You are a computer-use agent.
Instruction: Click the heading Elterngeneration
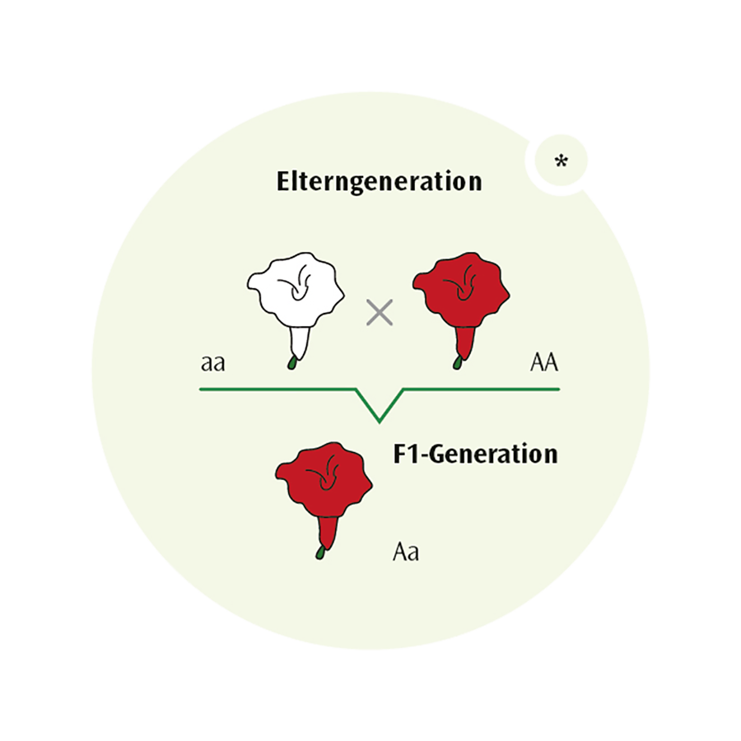point(379,181)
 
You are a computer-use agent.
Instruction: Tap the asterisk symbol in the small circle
point(561,162)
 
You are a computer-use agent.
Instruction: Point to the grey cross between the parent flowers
point(379,312)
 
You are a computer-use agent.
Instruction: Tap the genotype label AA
point(544,362)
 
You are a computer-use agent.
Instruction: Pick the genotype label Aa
point(405,551)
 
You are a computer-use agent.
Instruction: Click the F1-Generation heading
point(475,454)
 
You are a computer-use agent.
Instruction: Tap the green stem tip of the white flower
point(291,362)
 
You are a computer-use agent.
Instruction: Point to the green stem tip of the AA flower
point(457,362)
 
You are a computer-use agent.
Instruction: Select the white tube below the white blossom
point(300,341)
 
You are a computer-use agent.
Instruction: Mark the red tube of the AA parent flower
point(464,341)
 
